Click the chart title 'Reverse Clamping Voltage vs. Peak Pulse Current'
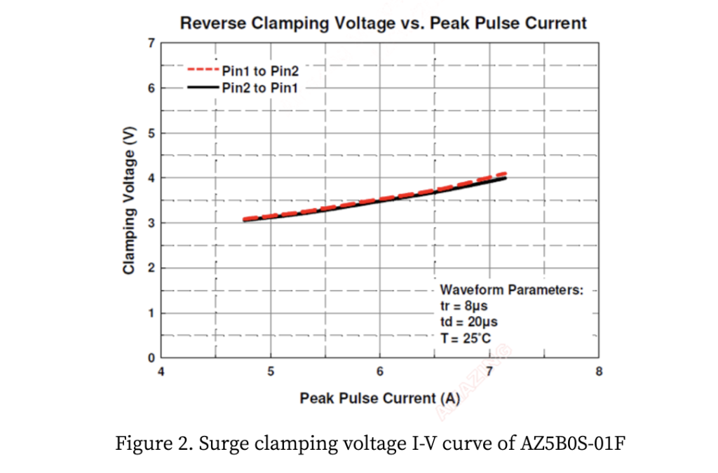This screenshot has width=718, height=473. tap(383, 23)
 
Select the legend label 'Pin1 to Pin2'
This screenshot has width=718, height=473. tap(260, 71)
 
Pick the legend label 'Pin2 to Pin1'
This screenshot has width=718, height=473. tap(260, 88)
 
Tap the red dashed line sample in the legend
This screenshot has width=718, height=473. tap(203, 69)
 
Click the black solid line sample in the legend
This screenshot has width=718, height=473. tap(203, 87)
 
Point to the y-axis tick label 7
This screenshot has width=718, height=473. tap(151, 43)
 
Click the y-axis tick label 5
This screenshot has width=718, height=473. tap(151, 133)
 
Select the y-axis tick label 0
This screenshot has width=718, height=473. tap(151, 357)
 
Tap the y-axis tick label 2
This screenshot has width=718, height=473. tap(151, 268)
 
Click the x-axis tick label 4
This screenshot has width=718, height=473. tap(161, 371)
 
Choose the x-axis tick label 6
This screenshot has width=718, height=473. tap(380, 371)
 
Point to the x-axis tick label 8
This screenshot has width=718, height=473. tap(599, 371)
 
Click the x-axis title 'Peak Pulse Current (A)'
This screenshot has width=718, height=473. tap(380, 399)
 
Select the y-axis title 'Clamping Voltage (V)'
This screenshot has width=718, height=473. tap(129, 200)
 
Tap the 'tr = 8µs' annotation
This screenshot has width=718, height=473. tap(464, 306)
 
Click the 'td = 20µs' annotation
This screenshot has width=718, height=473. tap(469, 322)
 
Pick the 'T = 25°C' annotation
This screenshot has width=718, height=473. tap(466, 338)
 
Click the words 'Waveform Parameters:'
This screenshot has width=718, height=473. tap(512, 289)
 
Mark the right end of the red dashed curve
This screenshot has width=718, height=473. tap(506, 174)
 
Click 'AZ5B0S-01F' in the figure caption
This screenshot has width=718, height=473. tap(573, 444)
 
